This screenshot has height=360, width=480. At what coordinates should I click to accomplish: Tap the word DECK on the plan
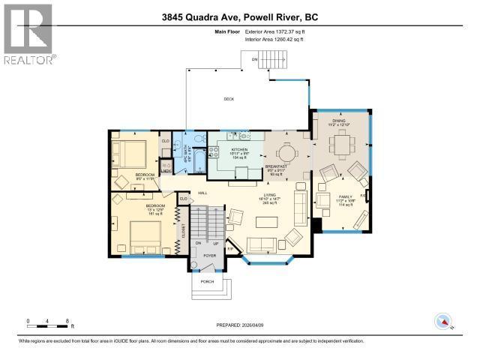[229, 99]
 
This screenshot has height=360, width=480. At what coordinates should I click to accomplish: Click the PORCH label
[207, 281]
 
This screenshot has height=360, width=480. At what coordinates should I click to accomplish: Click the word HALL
[202, 193]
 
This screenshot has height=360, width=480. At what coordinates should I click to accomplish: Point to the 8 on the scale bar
[67, 321]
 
